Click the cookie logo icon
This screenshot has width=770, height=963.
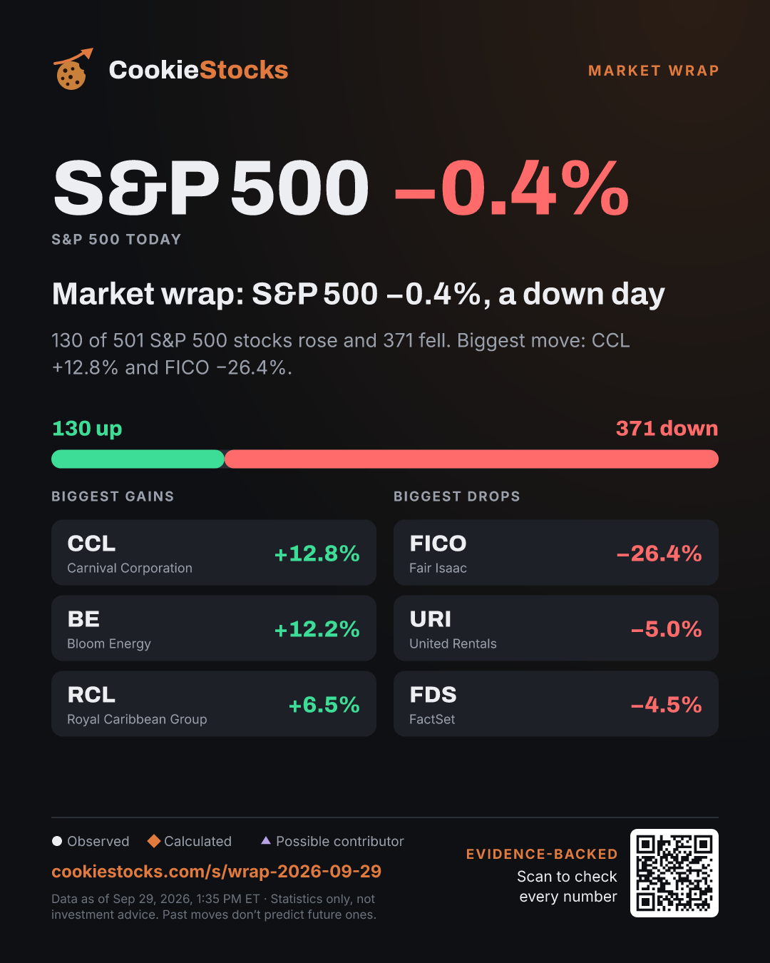(71, 69)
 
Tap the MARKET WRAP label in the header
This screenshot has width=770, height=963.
(654, 71)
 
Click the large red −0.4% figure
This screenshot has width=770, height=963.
(511, 189)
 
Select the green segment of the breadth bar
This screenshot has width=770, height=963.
(138, 459)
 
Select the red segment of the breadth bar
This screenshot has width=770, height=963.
(471, 459)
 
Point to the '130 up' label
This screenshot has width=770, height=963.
(87, 429)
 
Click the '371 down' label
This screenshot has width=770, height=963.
(667, 429)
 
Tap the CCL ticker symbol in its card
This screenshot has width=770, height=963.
(91, 544)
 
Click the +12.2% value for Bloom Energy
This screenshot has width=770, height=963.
(317, 629)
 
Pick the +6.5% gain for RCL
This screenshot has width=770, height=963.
(324, 705)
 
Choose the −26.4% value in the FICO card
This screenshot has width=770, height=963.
(659, 554)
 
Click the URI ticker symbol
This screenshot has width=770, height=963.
(431, 619)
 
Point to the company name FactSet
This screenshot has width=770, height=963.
(432, 719)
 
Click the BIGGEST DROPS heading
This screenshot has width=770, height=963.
(457, 496)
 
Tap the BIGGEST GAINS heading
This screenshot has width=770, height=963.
(113, 496)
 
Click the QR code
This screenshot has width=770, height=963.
(674, 873)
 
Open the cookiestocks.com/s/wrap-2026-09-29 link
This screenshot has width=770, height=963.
(217, 871)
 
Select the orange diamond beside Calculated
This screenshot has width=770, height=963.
(154, 841)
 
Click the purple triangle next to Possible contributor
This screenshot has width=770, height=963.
(266, 840)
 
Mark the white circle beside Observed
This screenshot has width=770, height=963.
(57, 841)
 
